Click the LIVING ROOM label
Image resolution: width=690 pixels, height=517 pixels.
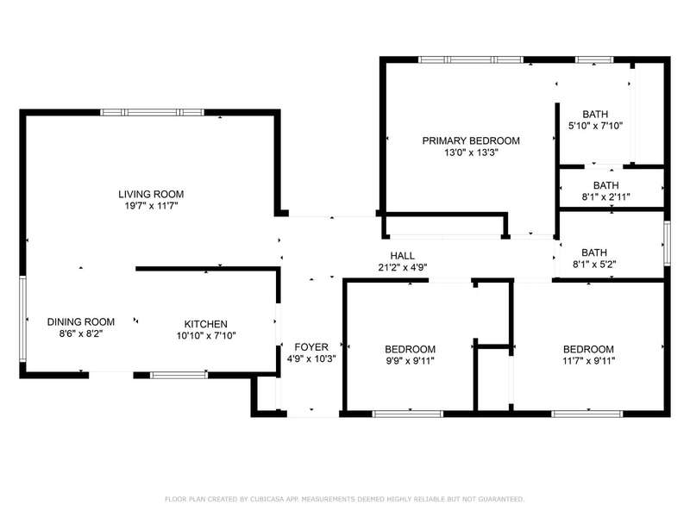tap(151, 194)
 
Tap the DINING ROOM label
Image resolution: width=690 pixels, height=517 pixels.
tap(81, 321)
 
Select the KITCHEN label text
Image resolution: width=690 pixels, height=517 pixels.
tap(205, 324)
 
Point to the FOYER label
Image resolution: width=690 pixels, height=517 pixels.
tap(311, 347)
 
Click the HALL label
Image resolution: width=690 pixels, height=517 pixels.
tap(402, 255)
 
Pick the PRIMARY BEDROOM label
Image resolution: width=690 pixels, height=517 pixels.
tap(471, 140)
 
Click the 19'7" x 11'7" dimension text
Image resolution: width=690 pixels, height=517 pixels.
tap(151, 206)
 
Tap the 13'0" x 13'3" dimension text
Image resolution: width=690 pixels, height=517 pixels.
tap(471, 153)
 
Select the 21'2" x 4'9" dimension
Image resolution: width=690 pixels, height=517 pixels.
tap(403, 267)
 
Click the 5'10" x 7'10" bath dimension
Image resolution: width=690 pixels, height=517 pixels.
tap(595, 126)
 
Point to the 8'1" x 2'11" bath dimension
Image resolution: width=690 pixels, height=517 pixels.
tap(606, 197)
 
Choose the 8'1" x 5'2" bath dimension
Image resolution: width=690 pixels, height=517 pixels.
tap(594, 265)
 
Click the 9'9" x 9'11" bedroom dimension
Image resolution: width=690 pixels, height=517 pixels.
tap(411, 361)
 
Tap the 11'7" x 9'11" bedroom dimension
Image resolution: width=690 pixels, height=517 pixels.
tap(588, 361)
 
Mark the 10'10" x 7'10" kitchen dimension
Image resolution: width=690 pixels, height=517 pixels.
tap(206, 336)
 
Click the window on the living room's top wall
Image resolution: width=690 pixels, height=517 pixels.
tap(153, 113)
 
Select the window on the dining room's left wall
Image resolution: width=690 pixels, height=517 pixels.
tap(23, 319)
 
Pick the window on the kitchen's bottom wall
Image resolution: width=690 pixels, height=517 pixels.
tap(179, 375)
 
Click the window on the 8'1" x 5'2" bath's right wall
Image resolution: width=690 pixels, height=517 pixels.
tap(667, 243)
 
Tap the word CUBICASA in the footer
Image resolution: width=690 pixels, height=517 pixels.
tap(267, 499)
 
